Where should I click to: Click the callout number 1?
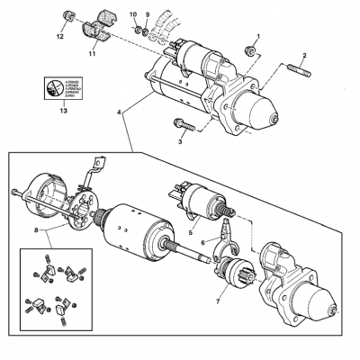click(257, 36)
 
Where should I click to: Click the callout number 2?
click(304, 56)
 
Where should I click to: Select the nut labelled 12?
click(67, 18)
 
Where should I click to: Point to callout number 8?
click(35, 231)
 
